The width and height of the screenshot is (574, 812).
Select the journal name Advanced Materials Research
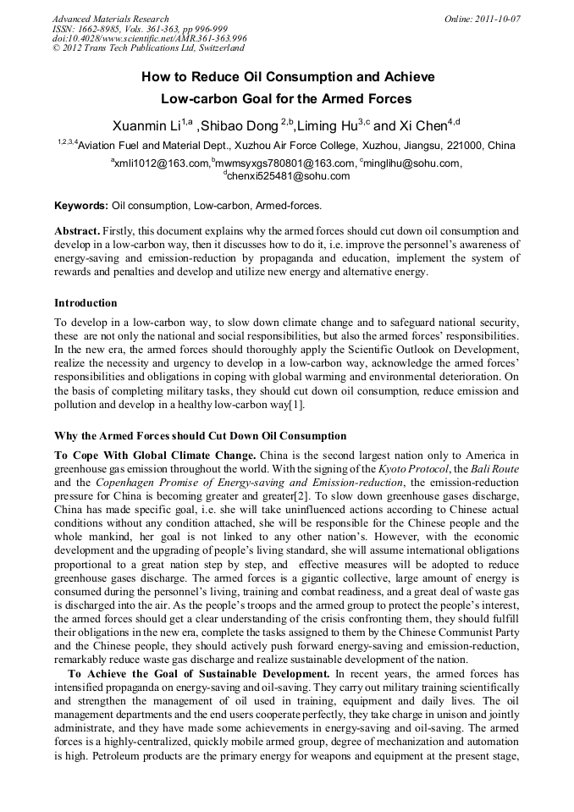[x=110, y=19]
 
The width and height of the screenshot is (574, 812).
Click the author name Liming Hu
[x=327, y=126]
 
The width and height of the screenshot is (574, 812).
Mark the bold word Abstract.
[x=78, y=231]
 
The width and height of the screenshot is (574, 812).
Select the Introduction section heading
[x=86, y=302]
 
